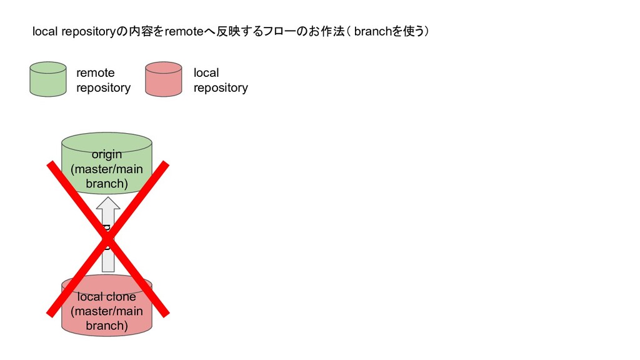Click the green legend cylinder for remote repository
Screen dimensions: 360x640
pyautogui.click(x=47, y=79)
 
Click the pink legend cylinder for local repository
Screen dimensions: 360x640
pyautogui.click(x=163, y=79)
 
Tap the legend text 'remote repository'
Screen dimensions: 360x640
pyautogui.click(x=103, y=80)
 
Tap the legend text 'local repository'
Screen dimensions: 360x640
pyautogui.click(x=220, y=80)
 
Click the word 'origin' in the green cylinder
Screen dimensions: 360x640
pyautogui.click(x=107, y=154)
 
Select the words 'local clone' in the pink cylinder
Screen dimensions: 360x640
pyautogui.click(x=107, y=296)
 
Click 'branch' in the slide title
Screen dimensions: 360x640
pyautogui.click(x=372, y=32)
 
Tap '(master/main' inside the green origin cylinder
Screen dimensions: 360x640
pyautogui.click(x=107, y=169)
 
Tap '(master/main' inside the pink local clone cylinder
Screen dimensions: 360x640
pyautogui.click(x=107, y=311)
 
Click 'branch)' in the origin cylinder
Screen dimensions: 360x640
pyautogui.click(x=107, y=184)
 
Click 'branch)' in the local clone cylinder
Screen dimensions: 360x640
pyautogui.click(x=107, y=326)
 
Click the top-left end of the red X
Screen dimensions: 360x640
pyautogui.click(x=51, y=164)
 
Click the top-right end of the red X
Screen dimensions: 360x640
pyautogui.click(x=166, y=164)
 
